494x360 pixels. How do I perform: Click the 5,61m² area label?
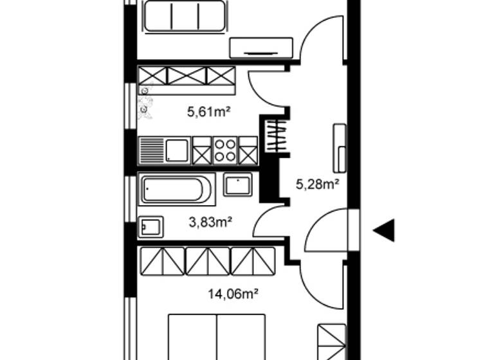[209, 112]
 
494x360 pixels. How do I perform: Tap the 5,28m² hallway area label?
[317, 185]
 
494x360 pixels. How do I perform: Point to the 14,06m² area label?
[233, 294]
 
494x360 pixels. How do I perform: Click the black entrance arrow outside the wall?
[384, 230]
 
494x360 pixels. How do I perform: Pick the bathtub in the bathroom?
[176, 189]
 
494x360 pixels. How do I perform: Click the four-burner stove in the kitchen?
[225, 150]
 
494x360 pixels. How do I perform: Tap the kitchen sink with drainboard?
[165, 150]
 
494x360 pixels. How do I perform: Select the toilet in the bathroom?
[152, 226]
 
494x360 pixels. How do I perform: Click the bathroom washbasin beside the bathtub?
[237, 184]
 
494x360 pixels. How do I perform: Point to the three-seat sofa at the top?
[185, 16]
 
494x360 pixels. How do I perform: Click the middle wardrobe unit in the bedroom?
[207, 261]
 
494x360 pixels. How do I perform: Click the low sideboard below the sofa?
[261, 48]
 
